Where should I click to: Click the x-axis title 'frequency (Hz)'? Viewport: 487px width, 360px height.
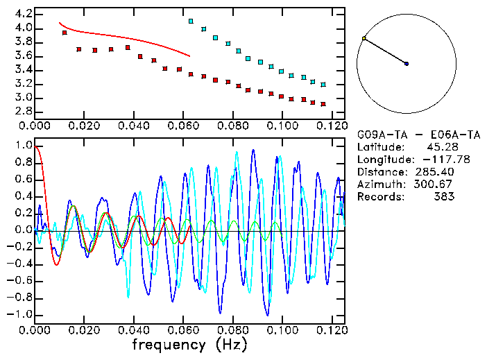tap(189, 344)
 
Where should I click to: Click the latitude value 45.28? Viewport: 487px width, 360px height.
tap(438, 147)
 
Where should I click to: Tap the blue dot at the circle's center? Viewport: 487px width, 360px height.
tap(407, 64)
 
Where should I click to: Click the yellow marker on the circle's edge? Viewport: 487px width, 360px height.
tap(364, 38)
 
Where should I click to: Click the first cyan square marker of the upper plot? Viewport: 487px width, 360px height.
tap(191, 22)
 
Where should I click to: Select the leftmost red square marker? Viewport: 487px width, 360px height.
tap(65, 33)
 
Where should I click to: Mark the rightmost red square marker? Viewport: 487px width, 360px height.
tap(323, 104)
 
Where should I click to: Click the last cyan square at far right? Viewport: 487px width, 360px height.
tap(323, 84)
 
